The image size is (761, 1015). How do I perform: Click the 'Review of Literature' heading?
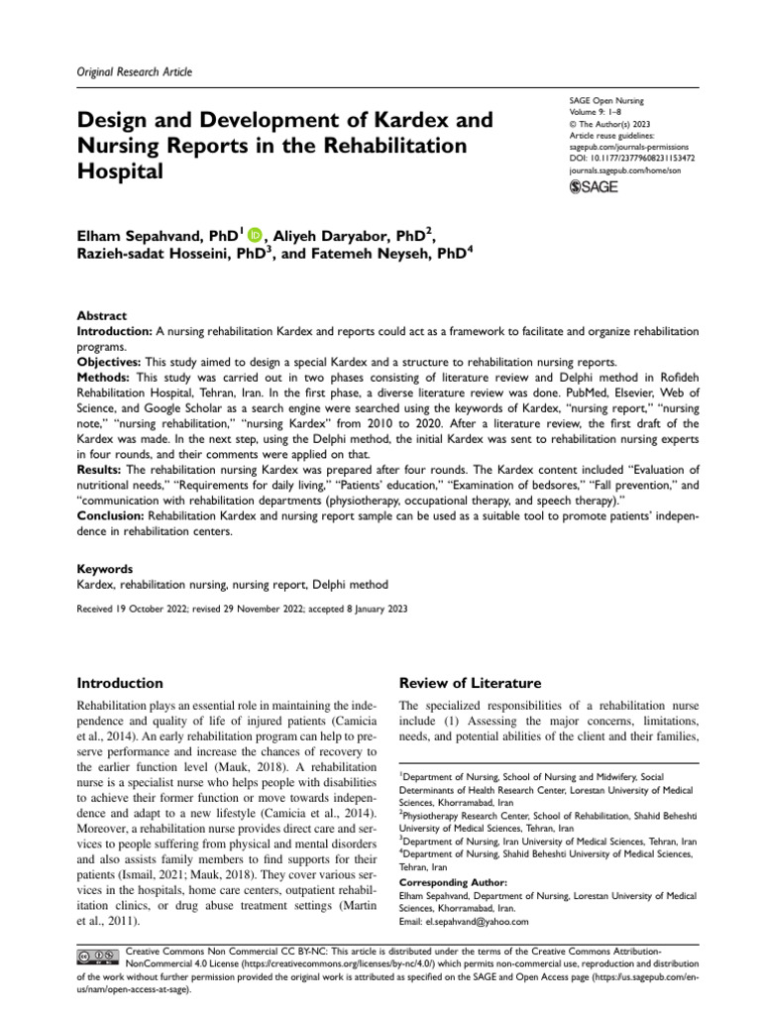(x=469, y=683)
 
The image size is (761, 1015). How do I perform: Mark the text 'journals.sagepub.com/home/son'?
(x=626, y=169)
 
